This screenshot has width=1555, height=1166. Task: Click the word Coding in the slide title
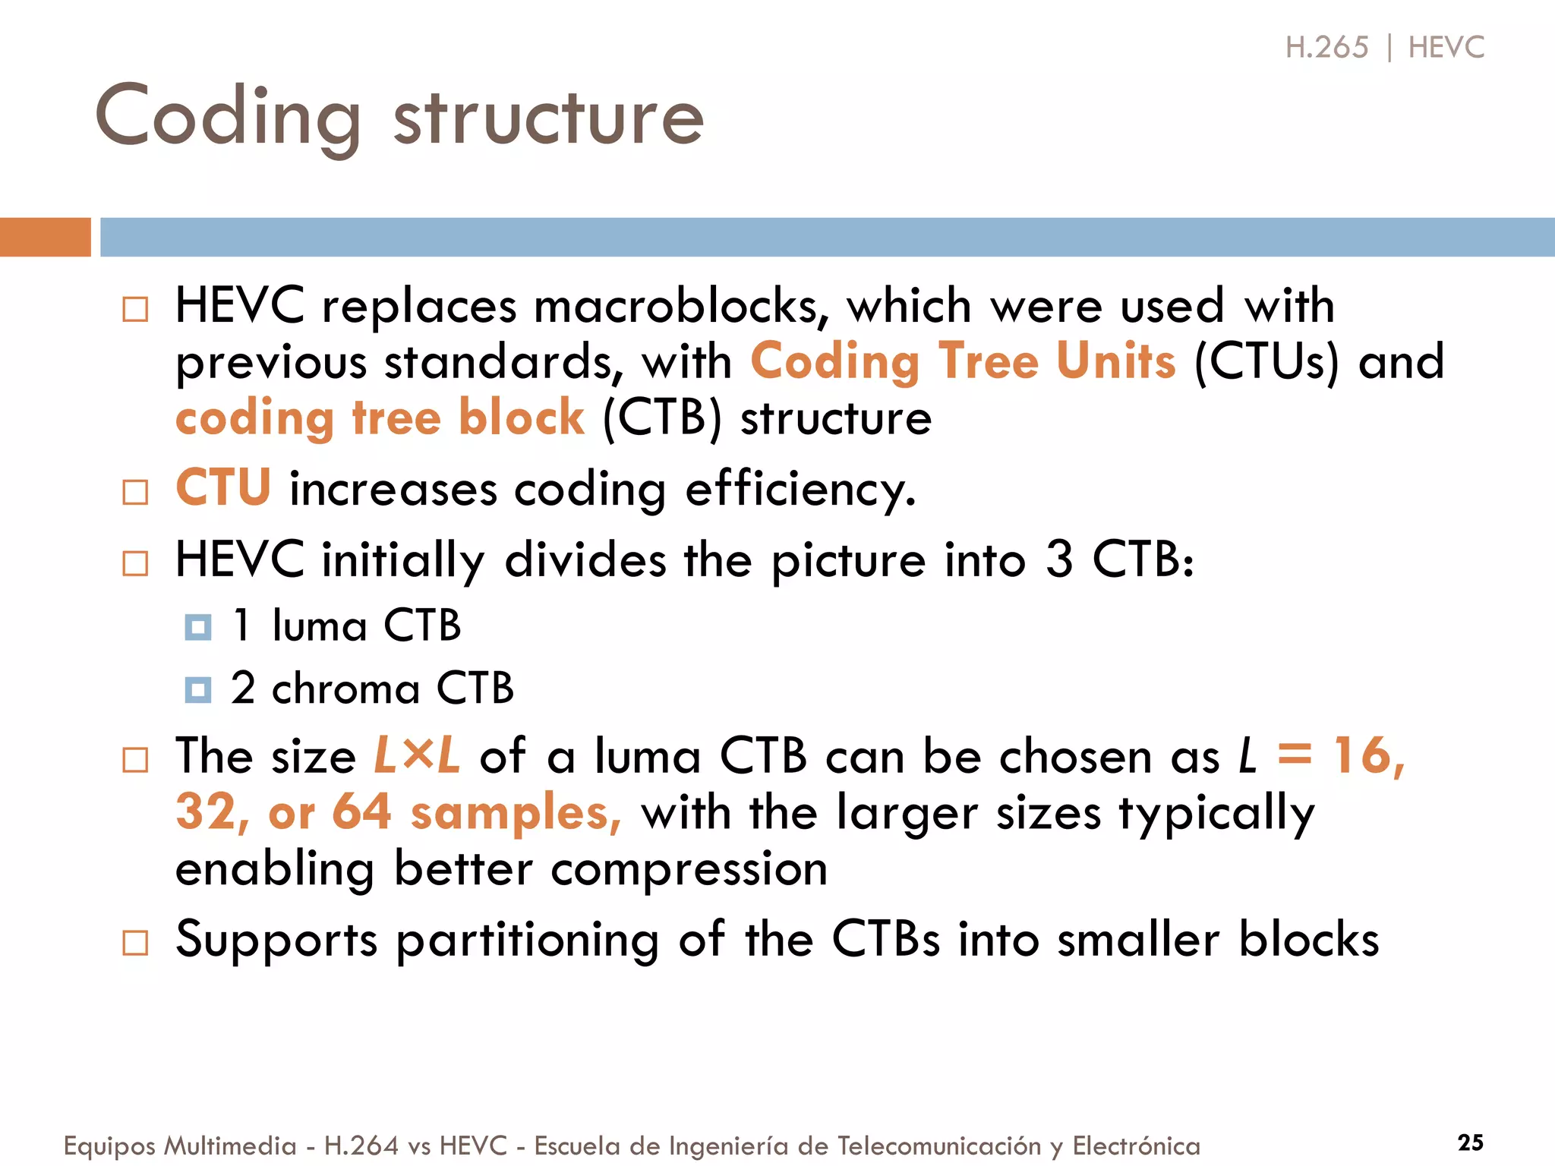(228, 118)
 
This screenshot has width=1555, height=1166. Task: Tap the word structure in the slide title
(548, 118)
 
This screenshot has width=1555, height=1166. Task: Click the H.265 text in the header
(1326, 47)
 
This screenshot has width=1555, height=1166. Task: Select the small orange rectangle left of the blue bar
(45, 237)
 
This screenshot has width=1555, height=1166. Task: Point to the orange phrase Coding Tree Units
(963, 361)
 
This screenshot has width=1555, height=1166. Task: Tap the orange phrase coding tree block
(380, 418)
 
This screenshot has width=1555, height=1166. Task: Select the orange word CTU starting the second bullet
(223, 487)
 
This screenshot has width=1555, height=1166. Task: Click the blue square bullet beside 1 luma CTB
(198, 628)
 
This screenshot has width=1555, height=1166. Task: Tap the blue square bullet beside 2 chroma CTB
(198, 690)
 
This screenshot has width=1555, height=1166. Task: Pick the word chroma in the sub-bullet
(345, 690)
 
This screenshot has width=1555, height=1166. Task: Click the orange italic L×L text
(417, 756)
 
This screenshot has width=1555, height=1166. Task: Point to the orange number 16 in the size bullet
(1363, 756)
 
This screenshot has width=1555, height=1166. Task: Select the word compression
(689, 869)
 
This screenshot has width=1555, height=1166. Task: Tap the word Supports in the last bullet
(276, 940)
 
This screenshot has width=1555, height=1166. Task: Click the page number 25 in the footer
(1470, 1142)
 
